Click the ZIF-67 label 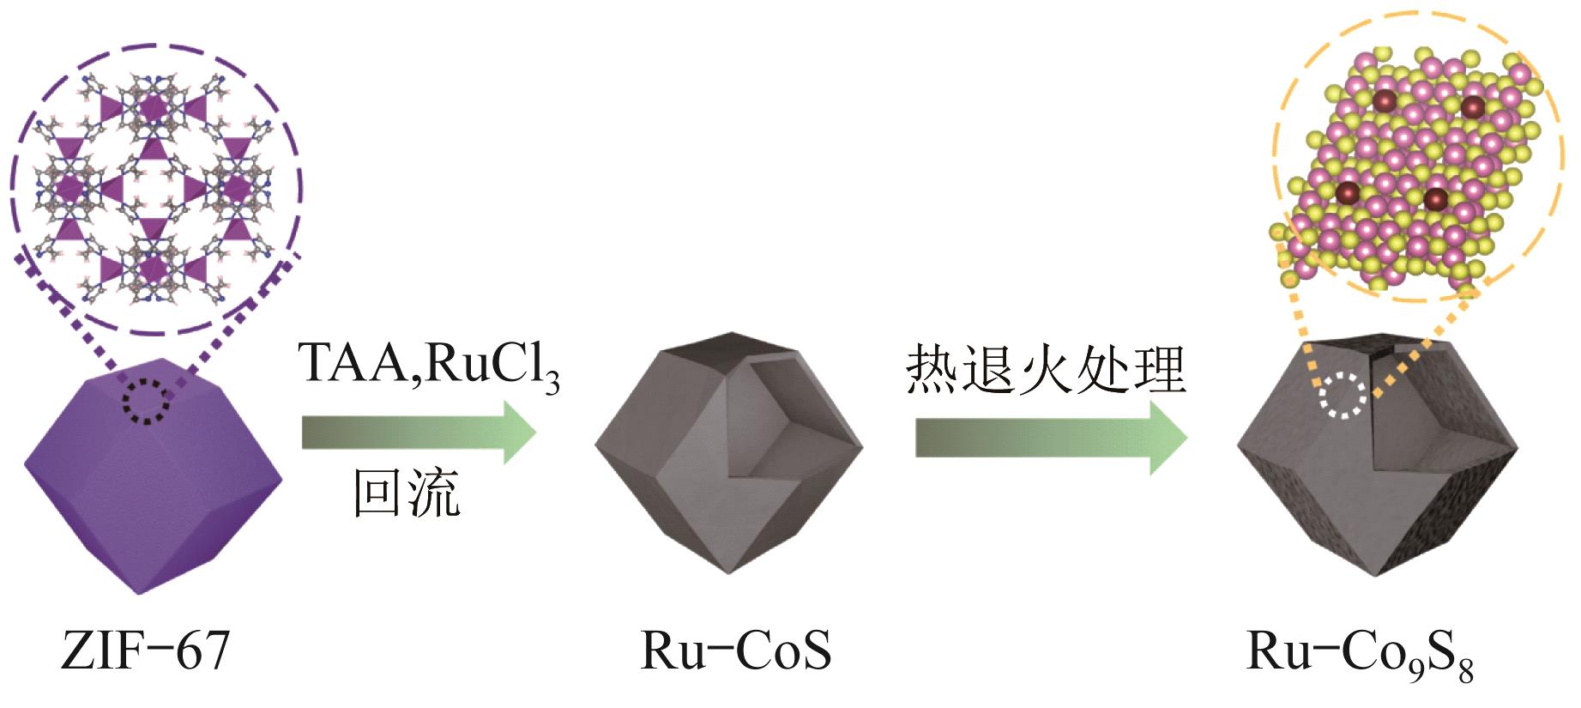[x=146, y=652]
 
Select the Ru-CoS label [x=736, y=652]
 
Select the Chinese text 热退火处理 [x=1046, y=371]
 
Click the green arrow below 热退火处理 [x=1050, y=439]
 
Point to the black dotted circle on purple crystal [x=147, y=400]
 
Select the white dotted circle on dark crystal [x=1343, y=397]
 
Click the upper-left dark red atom [x=1385, y=102]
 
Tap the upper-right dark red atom [x=1472, y=107]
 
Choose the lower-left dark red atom [x=1347, y=192]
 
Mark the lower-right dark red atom [x=1435, y=199]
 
